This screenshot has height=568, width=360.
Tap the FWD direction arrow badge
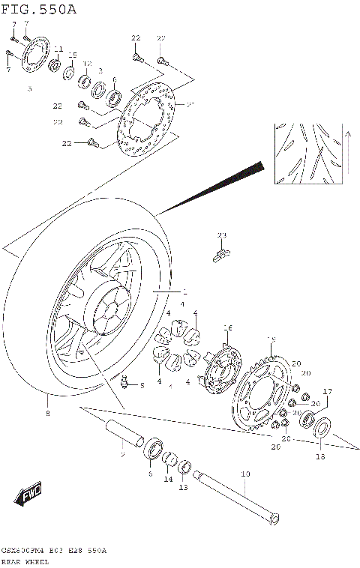click(x=29, y=495)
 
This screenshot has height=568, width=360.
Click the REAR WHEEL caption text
click(x=25, y=560)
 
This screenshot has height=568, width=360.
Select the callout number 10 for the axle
click(x=243, y=474)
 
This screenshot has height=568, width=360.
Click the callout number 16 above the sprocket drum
click(x=228, y=327)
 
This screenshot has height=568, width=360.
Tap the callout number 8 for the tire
click(x=48, y=413)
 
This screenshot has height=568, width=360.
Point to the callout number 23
click(x=221, y=235)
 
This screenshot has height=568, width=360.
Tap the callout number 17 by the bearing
click(x=327, y=391)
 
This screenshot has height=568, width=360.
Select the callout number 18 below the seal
click(x=319, y=456)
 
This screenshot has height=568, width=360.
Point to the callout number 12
click(x=87, y=64)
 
